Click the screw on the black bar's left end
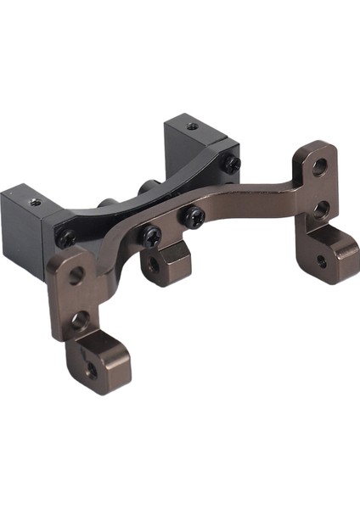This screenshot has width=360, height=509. pyautogui.click(x=65, y=239)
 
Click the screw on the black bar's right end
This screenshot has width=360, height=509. pyautogui.click(x=231, y=164)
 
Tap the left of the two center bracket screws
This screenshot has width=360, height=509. pyautogui.click(x=152, y=234)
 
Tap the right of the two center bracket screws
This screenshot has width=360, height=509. pyautogui.click(x=194, y=216)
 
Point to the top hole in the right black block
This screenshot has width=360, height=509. pyautogui.click(x=191, y=126)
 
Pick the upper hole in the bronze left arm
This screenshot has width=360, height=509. pyautogui.click(x=76, y=275)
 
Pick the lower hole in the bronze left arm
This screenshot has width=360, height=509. pyautogui.click(x=80, y=320)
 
